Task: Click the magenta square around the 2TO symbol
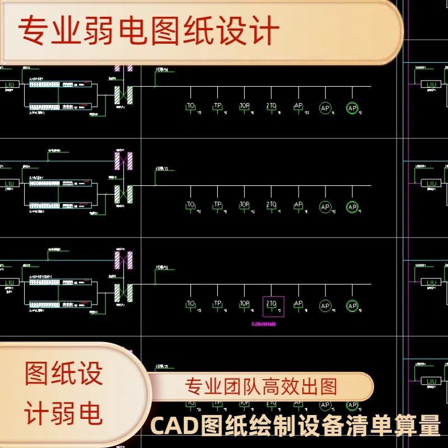tap(273, 306)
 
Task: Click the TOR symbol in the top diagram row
tap(245, 106)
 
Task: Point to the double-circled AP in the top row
tap(352, 108)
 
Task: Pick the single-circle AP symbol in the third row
tap(325, 306)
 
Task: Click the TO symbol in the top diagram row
tap(191, 106)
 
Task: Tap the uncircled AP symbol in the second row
tap(298, 206)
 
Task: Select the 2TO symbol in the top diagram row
tap(272, 106)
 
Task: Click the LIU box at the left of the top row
tap(9, 86)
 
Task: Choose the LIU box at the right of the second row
tap(431, 184)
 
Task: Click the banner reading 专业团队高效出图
tap(261, 386)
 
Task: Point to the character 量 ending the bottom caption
tap(429, 429)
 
